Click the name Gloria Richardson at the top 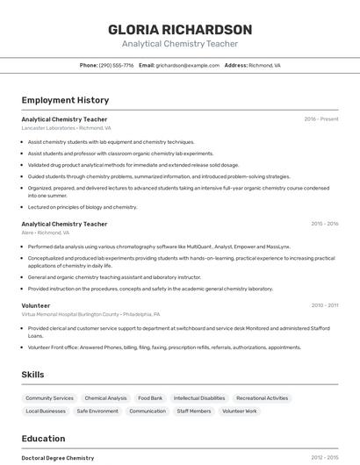pos(180,29)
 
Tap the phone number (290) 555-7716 pos(116,65)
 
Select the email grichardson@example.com pos(187,65)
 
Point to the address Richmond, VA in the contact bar pos(264,65)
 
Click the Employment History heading pos(65,100)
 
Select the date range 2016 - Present pos(321,118)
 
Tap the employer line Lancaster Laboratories pos(67,128)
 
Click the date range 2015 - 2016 pos(324,224)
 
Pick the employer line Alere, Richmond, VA pos(46,233)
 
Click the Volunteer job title pos(36,305)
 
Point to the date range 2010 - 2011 pos(324,305)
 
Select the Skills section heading pos(32,375)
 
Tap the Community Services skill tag pos(49,398)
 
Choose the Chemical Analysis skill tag pos(105,398)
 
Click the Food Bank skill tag pos(150,398)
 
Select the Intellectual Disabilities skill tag pos(199,398)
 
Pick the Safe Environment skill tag pos(97,411)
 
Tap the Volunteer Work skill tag pos(239,411)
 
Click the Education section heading pos(43,439)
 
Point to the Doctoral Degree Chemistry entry pos(58,458)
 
